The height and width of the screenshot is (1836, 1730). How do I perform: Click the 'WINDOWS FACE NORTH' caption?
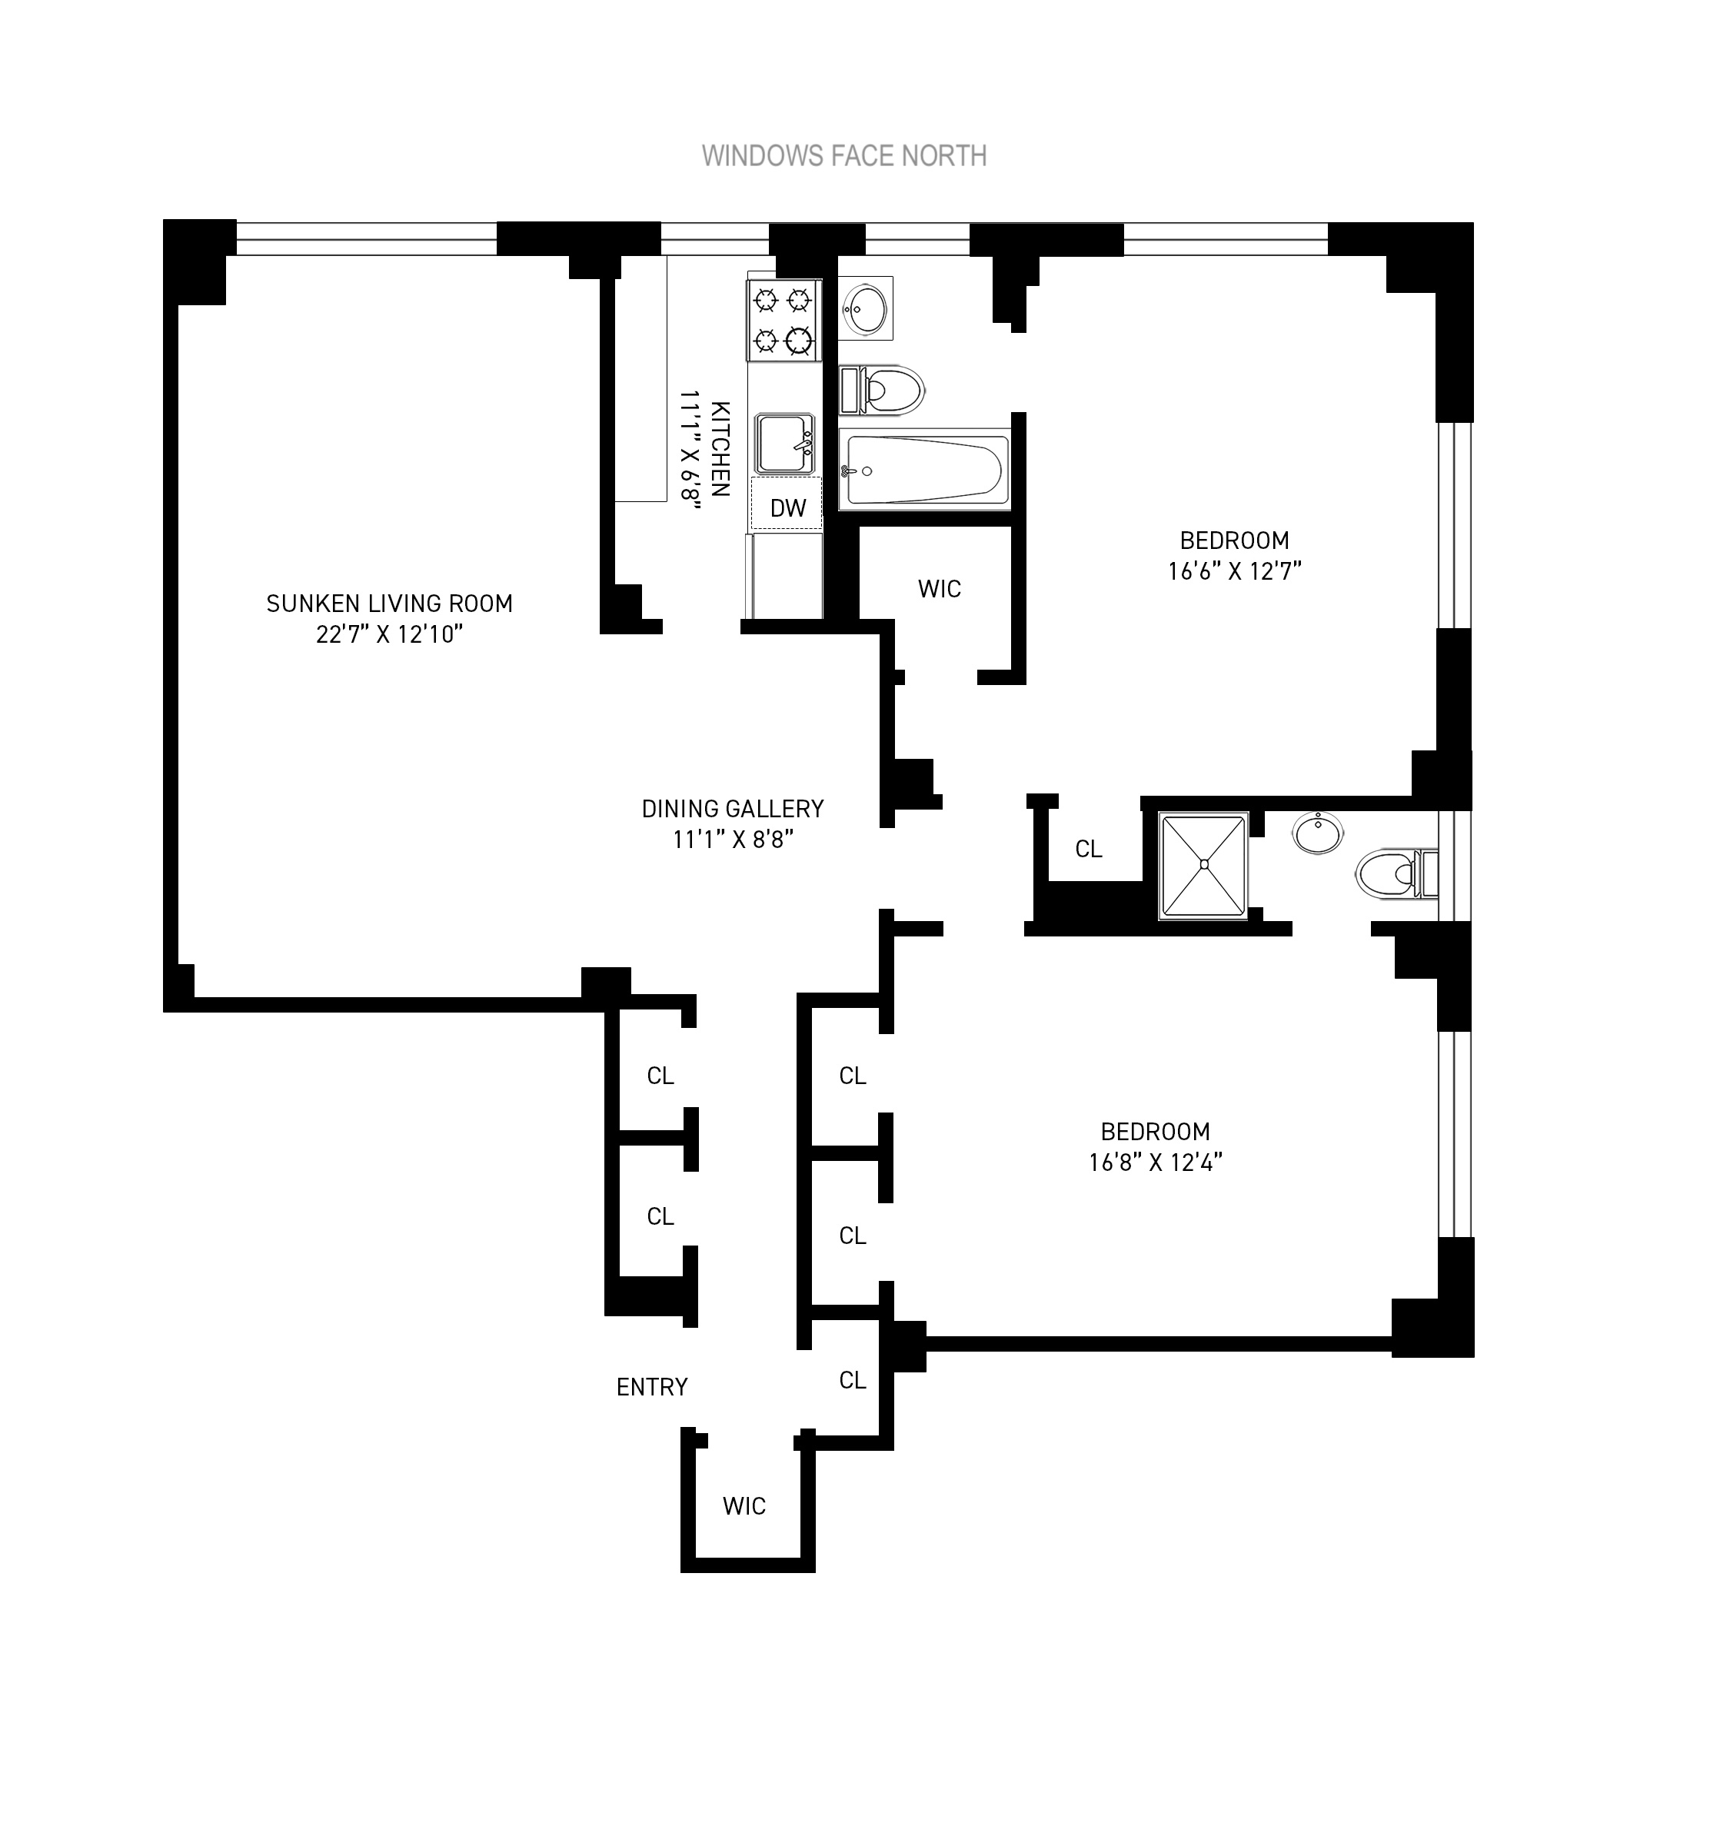843,156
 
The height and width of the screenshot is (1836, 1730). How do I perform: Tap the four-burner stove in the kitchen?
783,321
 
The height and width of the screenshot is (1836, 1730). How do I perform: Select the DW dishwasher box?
787,506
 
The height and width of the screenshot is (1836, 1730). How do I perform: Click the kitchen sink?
784,444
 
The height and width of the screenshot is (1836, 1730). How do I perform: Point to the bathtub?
923,469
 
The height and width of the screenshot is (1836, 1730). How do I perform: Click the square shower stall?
1203,866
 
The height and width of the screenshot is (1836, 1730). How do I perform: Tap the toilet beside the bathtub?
882,390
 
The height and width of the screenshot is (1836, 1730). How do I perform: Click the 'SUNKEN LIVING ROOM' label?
389,604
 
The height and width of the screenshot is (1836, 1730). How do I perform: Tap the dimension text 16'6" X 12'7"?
1234,570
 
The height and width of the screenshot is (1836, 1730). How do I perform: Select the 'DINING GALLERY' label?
733,809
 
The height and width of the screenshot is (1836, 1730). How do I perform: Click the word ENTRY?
651,1387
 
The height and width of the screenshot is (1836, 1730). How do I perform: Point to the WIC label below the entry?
744,1506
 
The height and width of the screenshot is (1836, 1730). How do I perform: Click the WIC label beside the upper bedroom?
940,589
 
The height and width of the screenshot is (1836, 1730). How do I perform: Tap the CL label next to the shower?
1088,849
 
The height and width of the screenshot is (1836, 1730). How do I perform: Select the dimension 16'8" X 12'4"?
1155,1162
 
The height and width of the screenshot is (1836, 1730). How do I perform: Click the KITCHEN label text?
720,449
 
